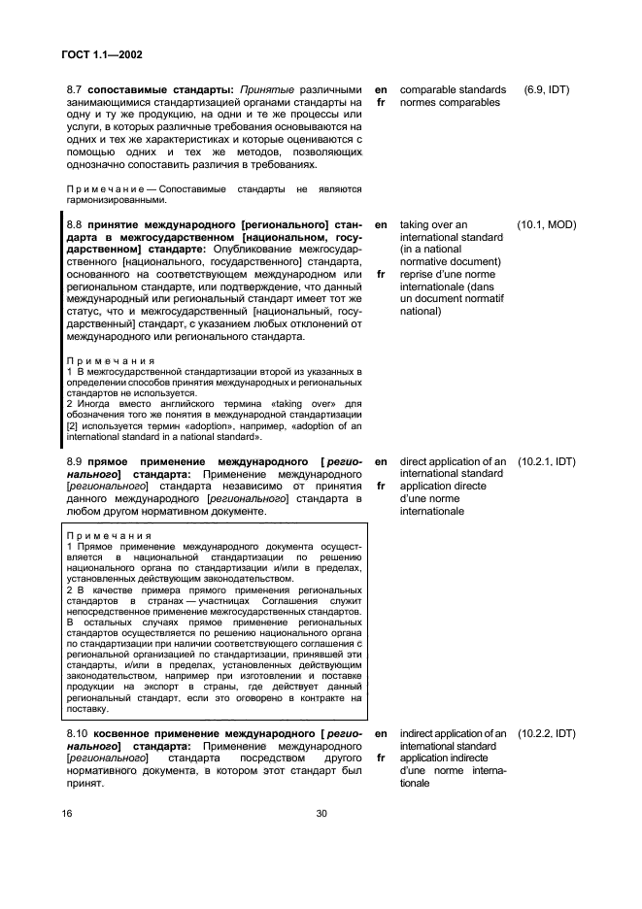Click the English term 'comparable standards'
[x=453, y=89]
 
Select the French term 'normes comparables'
[x=450, y=102]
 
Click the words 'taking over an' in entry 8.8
[x=433, y=224]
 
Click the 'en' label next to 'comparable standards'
[x=381, y=89]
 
